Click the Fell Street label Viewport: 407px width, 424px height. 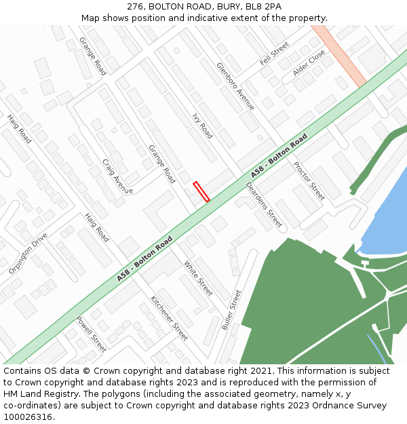coord(275,54)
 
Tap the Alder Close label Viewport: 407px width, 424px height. coord(309,62)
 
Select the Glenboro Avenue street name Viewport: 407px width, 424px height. coord(235,86)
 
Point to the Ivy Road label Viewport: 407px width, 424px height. coord(202,126)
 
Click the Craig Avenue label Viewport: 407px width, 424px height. coord(117,176)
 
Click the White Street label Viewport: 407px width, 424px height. coord(198,279)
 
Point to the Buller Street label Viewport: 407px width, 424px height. coord(231,310)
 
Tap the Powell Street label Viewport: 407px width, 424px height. coord(91,334)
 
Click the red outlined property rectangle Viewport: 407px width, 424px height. coord(201,191)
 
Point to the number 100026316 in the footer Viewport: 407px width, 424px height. coord(26,417)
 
